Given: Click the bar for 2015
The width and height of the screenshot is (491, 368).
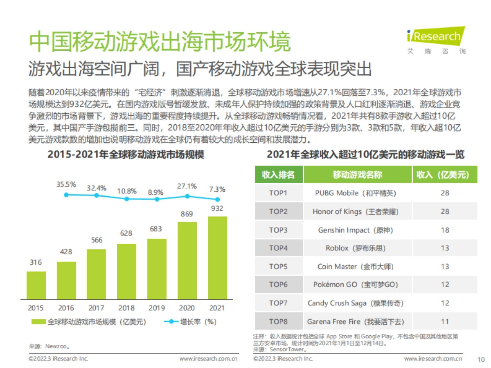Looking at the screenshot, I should [36, 285].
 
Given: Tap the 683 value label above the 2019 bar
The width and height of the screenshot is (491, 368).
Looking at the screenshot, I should [156, 229].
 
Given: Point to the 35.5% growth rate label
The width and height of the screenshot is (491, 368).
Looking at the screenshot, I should [66, 184].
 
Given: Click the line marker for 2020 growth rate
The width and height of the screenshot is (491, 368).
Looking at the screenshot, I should [187, 196].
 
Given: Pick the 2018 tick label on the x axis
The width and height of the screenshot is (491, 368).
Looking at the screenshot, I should [126, 308].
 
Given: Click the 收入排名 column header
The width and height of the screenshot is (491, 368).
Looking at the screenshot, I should [278, 175].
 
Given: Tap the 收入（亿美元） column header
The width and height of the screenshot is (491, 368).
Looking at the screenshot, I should [445, 175].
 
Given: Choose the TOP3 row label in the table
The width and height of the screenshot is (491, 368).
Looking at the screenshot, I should [278, 230].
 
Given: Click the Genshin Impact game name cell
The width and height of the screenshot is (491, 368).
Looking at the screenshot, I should [356, 230].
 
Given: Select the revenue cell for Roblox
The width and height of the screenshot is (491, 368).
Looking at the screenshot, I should [445, 248].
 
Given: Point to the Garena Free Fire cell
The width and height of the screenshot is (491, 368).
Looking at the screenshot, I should [356, 321].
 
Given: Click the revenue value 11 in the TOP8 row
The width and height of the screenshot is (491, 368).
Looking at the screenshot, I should [445, 321].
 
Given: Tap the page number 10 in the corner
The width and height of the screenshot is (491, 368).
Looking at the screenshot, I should [481, 359].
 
